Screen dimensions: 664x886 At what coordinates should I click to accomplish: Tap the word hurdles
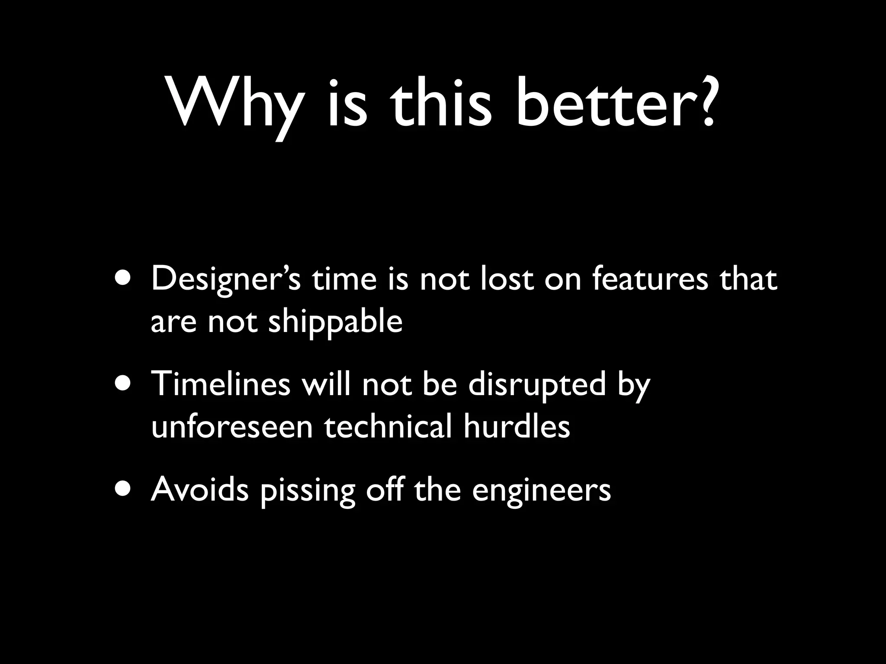517,426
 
